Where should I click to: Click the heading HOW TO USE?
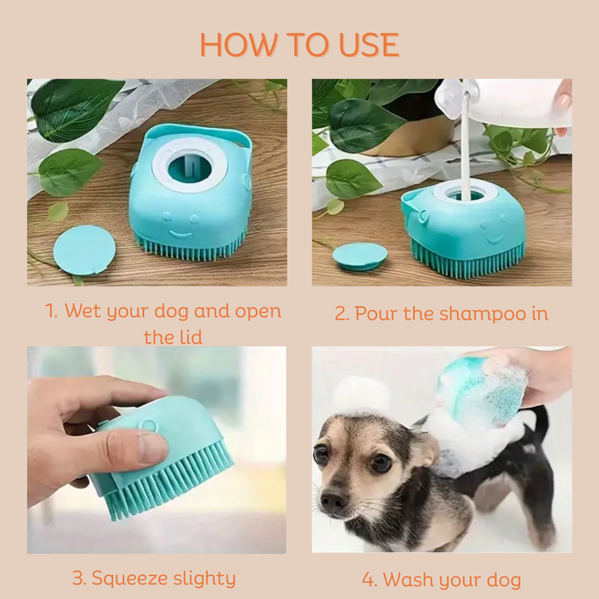[x=299, y=45]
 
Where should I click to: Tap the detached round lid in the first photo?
[x=84, y=250]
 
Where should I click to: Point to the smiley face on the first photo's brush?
[x=179, y=226]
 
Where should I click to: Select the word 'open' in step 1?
[x=258, y=312]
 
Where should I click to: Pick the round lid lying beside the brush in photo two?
[x=359, y=256]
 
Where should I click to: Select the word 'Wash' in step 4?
[x=408, y=580]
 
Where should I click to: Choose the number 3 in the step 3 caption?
[x=78, y=578]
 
